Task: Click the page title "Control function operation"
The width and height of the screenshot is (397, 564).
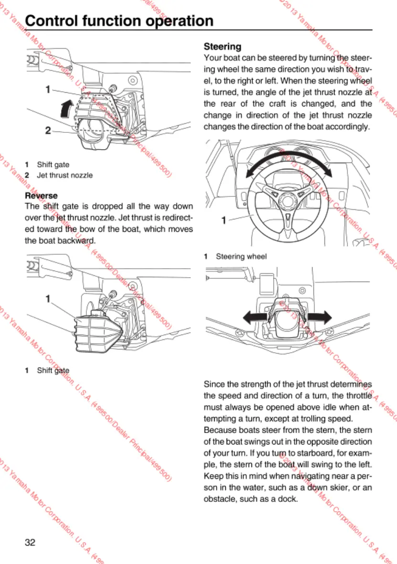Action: pyautogui.click(x=119, y=21)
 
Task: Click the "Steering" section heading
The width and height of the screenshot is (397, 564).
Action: pyautogui.click(x=222, y=47)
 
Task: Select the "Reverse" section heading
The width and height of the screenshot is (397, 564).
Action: pyautogui.click(x=41, y=195)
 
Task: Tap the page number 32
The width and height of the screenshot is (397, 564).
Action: pyautogui.click(x=30, y=542)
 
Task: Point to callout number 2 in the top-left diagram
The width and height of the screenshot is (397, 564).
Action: pyautogui.click(x=48, y=130)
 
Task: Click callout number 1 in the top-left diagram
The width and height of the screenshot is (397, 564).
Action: pyautogui.click(x=48, y=89)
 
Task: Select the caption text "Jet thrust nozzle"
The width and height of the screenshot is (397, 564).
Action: pyautogui.click(x=65, y=175)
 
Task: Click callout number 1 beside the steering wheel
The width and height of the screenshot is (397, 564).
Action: pyautogui.click(x=223, y=220)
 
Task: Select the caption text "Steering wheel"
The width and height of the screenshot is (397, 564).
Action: pyautogui.click(x=241, y=256)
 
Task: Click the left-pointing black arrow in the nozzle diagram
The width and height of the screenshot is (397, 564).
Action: pyautogui.click(x=251, y=316)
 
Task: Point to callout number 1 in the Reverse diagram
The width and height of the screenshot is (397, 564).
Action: pyautogui.click(x=48, y=299)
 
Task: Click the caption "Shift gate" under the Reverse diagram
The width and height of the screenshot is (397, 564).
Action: pyautogui.click(x=53, y=370)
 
